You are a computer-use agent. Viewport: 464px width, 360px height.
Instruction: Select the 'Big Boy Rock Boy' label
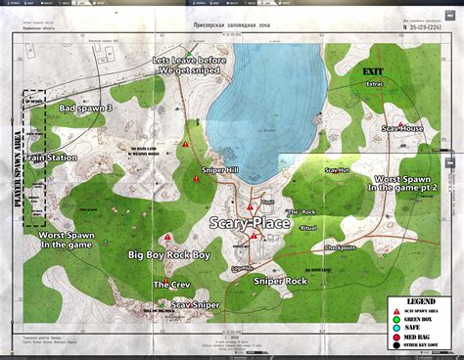tap(169, 254)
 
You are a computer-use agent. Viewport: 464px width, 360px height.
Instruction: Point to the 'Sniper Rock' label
tap(280, 281)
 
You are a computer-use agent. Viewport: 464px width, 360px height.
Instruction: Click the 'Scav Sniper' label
tap(196, 305)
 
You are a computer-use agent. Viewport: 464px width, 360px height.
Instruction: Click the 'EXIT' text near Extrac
tap(373, 71)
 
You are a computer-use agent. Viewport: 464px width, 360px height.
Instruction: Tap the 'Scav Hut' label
tap(337, 171)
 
